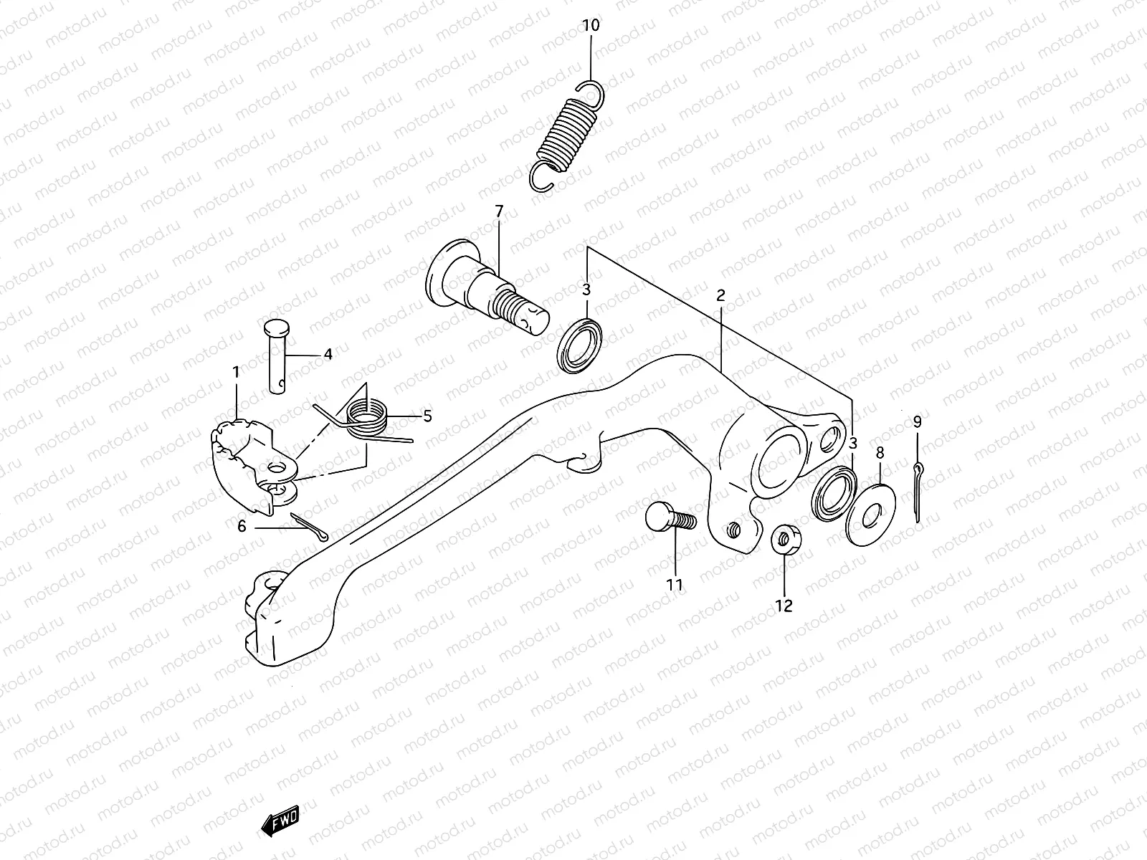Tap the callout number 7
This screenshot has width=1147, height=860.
[x=499, y=211]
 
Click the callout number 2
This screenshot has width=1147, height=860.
[x=720, y=295]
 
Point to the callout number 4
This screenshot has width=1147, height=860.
[x=328, y=353]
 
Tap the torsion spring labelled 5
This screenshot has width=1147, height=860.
[x=366, y=416]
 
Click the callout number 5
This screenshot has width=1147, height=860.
[x=427, y=416]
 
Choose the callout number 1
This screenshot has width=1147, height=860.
[x=235, y=371]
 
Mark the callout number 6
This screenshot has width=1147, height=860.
[x=242, y=527]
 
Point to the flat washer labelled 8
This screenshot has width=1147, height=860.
[x=869, y=509]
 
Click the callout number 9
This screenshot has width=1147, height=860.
[x=917, y=421]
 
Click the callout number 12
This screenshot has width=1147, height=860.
[x=784, y=606]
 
